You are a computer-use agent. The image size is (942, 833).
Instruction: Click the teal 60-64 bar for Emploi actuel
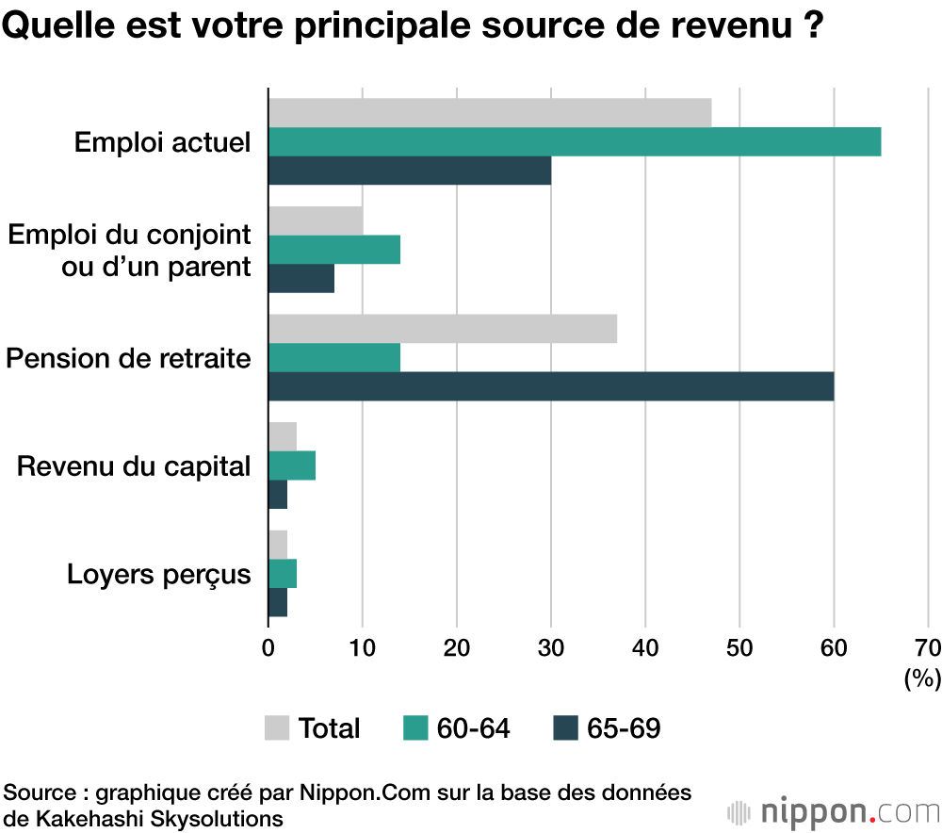(x=575, y=141)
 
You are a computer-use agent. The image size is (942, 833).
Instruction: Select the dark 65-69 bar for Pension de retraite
(x=551, y=386)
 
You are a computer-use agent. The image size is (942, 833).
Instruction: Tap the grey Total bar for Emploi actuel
(x=490, y=112)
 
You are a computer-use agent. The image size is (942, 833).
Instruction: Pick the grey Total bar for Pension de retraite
(x=443, y=329)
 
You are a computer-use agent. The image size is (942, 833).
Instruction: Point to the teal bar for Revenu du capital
(x=292, y=465)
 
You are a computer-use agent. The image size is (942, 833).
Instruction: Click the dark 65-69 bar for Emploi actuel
(x=410, y=171)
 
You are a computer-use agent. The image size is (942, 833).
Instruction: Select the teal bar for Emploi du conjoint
(x=334, y=249)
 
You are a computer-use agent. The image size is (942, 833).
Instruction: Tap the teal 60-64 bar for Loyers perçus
(x=283, y=574)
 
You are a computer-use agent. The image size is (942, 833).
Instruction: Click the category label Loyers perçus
(x=159, y=574)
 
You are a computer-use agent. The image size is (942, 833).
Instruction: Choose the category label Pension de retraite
(x=129, y=358)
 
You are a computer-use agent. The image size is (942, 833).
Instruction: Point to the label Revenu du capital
(x=135, y=465)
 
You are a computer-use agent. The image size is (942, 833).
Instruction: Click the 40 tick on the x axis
(x=645, y=647)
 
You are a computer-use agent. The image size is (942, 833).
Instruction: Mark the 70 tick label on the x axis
(x=927, y=647)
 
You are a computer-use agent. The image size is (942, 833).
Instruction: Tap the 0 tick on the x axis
(x=268, y=647)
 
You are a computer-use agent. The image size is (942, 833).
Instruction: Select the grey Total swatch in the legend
(x=277, y=727)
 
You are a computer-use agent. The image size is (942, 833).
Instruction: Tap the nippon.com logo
(x=833, y=810)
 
